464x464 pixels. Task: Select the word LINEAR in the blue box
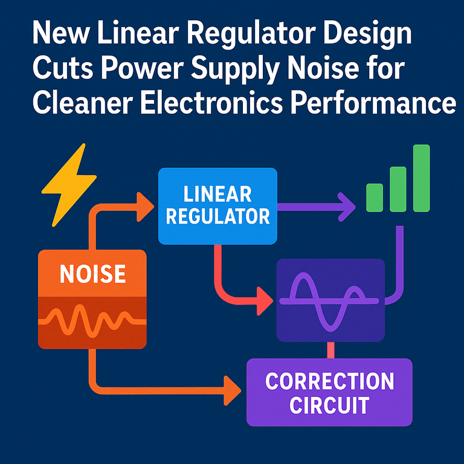[217, 195]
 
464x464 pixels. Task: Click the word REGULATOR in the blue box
[217, 216]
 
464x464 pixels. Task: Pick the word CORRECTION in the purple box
[329, 382]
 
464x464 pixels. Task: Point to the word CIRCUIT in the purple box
[329, 405]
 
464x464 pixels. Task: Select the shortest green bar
[375, 198]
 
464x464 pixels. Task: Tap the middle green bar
[398, 188]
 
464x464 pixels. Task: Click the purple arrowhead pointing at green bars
[347, 207]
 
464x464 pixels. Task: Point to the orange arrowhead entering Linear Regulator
[145, 207]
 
